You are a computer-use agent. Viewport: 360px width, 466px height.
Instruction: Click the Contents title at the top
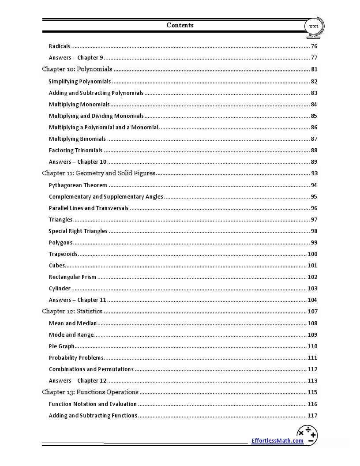point(180,25)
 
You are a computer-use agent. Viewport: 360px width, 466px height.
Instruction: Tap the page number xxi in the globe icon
point(314,26)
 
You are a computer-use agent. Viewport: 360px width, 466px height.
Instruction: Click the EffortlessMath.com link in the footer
point(277,440)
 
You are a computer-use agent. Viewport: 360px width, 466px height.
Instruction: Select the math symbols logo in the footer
point(307,435)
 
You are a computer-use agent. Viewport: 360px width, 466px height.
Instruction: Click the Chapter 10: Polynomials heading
point(77,69)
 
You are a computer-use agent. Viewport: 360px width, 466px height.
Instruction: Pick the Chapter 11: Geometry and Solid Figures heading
point(98,173)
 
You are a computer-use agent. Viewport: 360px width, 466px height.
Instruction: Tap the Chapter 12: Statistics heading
point(72,311)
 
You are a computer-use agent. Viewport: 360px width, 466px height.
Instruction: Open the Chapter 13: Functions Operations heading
point(90,392)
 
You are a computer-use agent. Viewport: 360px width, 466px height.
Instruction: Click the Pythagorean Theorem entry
point(78,185)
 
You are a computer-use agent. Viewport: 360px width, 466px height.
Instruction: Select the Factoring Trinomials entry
point(75,150)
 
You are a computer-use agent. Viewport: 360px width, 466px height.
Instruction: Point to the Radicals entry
point(60,46)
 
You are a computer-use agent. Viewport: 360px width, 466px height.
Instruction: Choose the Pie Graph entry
point(61,346)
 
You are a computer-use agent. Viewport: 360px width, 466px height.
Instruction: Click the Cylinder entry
point(60,289)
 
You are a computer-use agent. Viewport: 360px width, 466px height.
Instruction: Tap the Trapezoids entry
point(63,254)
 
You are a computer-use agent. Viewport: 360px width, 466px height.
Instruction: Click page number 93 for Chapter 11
point(314,173)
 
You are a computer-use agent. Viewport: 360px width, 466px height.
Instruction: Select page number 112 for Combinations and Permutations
point(312,369)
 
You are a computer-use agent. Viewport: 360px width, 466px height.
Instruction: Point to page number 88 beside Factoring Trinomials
point(314,150)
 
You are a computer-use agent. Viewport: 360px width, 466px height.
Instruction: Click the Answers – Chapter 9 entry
point(76,58)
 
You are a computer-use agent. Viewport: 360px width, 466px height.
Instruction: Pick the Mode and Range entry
point(71,335)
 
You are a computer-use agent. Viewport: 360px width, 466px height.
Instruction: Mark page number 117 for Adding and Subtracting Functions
point(312,415)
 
